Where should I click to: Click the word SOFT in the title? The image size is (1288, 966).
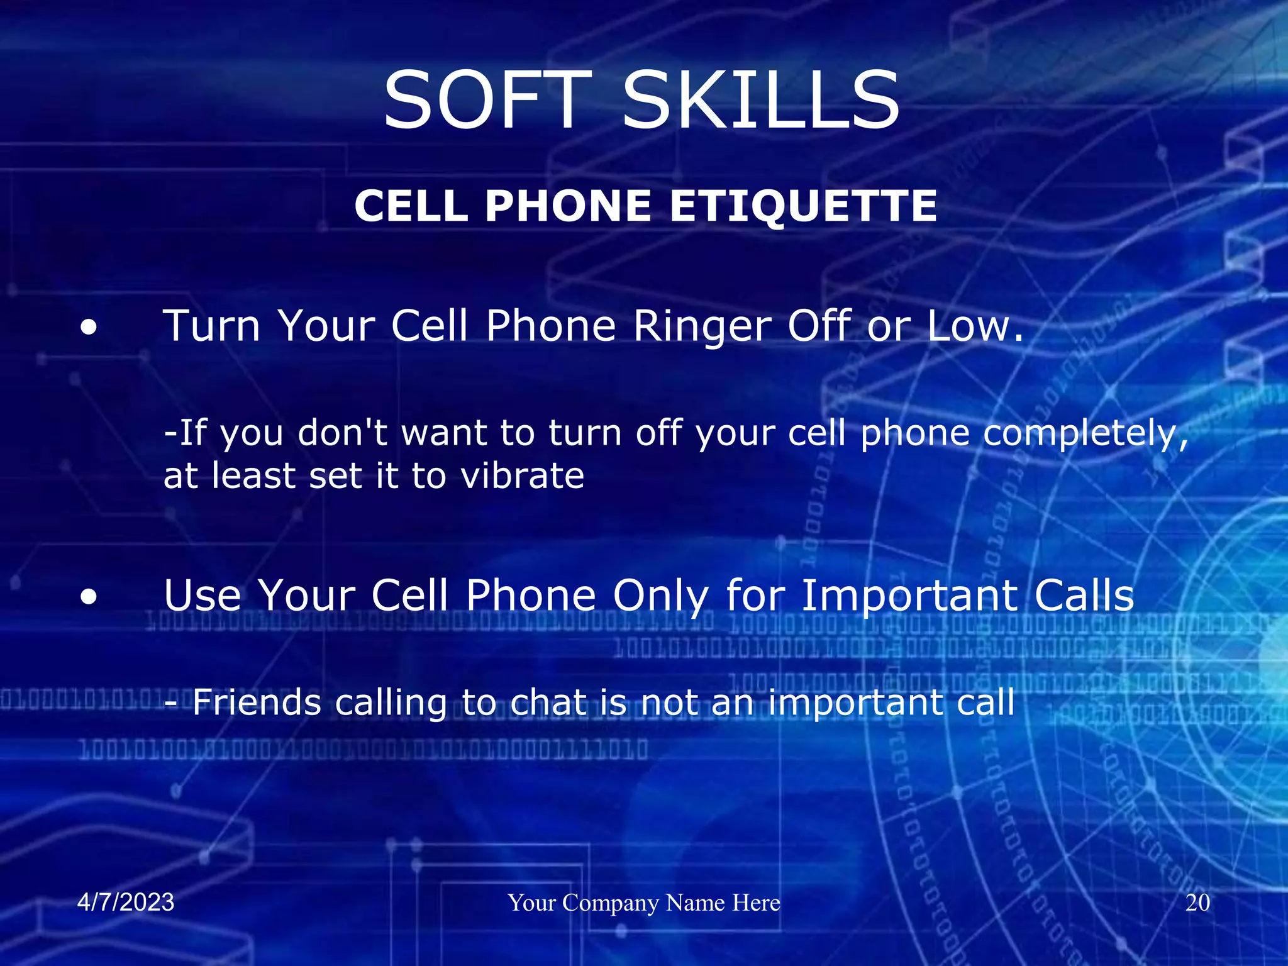(x=487, y=101)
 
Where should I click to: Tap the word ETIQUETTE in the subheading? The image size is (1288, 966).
(x=803, y=206)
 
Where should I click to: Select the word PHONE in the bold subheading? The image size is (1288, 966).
(x=568, y=206)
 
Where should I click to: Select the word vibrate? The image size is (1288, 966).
(x=522, y=476)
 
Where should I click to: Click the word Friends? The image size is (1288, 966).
(x=257, y=702)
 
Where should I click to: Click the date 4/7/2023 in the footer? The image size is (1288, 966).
(x=126, y=902)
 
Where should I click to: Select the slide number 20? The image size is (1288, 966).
(x=1197, y=902)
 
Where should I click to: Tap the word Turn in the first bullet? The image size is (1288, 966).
(x=212, y=327)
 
